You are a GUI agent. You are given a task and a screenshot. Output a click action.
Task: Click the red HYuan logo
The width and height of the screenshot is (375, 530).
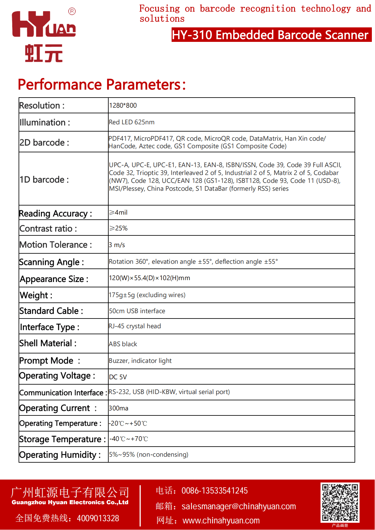pos(44,35)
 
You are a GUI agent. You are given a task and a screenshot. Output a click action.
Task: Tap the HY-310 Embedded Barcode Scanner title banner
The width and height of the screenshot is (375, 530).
pos(271,35)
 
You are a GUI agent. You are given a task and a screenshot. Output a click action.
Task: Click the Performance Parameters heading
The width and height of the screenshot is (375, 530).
pos(102,85)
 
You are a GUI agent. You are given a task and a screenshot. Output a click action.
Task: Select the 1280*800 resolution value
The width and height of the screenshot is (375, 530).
pos(123,106)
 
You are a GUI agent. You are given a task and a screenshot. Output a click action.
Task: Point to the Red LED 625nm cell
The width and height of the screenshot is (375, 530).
pos(132,122)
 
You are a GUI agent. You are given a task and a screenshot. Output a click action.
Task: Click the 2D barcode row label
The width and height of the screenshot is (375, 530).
pos(44,143)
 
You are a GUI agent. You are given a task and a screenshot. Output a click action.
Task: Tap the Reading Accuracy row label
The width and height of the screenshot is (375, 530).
pos(55,213)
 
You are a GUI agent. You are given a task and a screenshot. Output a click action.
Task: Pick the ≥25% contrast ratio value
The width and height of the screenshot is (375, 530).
pos(118,228)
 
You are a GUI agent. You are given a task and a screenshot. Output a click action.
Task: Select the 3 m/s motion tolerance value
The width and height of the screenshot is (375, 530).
pos(117,245)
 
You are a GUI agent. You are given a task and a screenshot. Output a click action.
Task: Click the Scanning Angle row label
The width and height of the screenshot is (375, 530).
pos(52,262)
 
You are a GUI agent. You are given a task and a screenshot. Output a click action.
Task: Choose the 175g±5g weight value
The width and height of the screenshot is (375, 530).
pos(147,295)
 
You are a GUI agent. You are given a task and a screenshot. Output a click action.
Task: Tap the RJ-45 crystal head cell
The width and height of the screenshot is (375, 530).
pos(135,326)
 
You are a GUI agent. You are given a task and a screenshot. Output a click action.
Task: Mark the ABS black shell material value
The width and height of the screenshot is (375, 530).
pos(123,344)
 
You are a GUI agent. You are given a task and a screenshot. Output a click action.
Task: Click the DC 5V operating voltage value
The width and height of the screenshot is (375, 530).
pos(118,377)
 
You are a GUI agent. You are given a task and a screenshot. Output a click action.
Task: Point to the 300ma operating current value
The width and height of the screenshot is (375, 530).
pos(118,408)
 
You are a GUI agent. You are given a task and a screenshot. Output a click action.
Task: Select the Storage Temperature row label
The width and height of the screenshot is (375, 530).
pos(62,439)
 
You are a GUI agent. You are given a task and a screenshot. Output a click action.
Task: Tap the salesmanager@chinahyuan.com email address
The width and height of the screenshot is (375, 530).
pos(239,506)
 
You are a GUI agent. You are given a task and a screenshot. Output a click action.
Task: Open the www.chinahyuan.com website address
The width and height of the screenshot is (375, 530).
pos(221,521)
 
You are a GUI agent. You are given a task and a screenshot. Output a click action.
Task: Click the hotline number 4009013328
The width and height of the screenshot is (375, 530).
pos(98,518)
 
